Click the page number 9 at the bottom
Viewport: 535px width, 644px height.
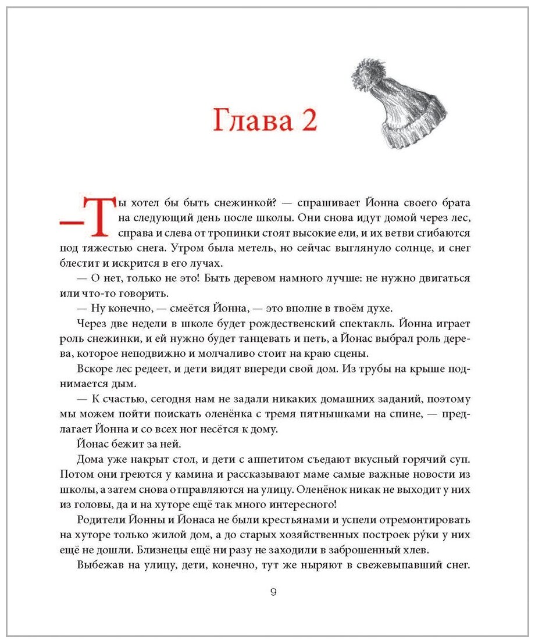(273, 592)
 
